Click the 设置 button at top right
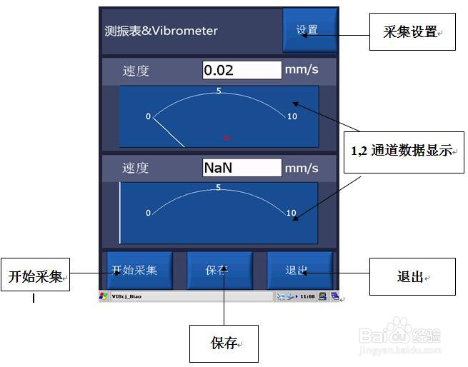(309, 31)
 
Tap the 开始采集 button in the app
(136, 271)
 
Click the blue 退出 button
(299, 271)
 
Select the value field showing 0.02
(242, 70)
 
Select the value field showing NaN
(242, 168)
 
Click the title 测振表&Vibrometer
(161, 31)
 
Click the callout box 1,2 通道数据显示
(404, 151)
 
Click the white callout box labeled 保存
(224, 343)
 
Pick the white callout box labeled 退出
(412, 276)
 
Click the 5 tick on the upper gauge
(219, 91)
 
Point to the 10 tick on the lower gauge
(291, 213)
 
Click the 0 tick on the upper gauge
(149, 116)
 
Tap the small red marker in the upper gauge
(226, 137)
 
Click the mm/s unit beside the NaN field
(302, 168)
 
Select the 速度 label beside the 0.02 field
(136, 71)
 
